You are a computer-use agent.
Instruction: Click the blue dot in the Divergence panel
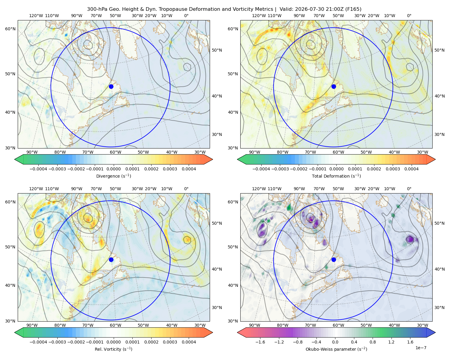[111, 86]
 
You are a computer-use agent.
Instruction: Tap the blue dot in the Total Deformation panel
[334, 86]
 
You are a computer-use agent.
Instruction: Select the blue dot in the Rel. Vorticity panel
[111, 259]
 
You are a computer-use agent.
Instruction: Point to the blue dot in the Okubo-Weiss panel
[334, 259]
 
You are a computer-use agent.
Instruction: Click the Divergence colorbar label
[113, 176]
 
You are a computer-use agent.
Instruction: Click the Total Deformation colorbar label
[336, 176]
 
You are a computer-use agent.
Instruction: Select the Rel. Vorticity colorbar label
[113, 349]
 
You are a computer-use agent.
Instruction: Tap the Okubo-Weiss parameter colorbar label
[336, 349]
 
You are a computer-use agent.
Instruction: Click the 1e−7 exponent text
[421, 348]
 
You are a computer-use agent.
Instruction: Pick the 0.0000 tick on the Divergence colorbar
[113, 169]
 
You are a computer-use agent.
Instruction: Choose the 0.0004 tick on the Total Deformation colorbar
[411, 169]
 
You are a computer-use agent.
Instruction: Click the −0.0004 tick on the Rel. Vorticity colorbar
[38, 342]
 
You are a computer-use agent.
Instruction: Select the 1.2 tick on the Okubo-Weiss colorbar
[391, 342]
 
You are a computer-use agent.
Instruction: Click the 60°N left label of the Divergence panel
[10, 29]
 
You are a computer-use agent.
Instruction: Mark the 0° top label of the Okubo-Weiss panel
[409, 189]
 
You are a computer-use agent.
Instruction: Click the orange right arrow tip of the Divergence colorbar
[212, 159]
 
